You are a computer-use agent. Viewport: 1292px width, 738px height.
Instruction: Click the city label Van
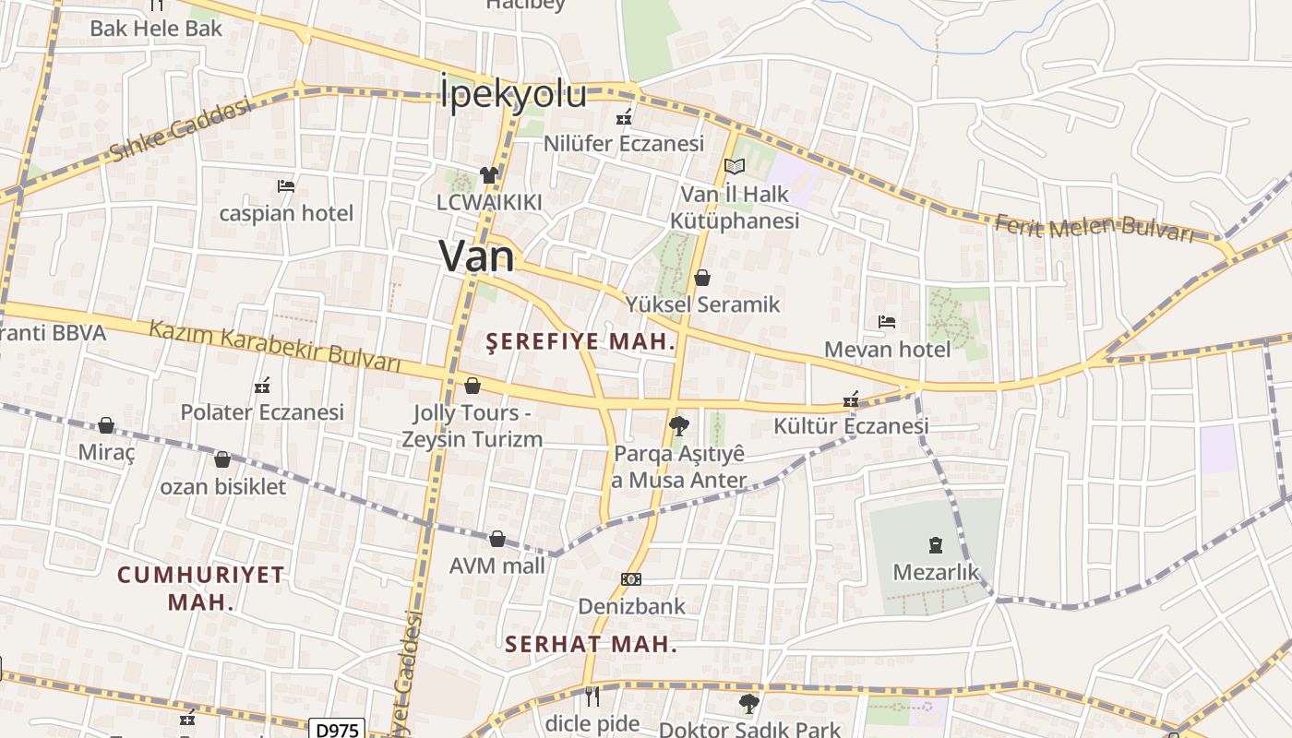476,256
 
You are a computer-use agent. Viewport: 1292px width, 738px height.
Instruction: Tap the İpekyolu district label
513,93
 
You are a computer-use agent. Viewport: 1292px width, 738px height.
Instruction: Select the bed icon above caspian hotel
286,186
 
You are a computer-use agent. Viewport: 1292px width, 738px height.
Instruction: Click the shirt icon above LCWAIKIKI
489,174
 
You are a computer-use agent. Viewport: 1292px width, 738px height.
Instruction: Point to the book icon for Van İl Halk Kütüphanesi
735,167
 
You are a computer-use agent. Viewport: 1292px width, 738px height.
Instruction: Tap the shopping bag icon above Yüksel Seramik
702,277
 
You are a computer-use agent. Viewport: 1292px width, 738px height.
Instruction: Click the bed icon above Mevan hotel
887,322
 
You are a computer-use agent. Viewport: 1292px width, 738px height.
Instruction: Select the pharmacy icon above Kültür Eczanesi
851,399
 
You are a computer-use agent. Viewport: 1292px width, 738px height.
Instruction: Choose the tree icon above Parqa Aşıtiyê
678,425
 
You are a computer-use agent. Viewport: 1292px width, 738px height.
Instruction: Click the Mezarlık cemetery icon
937,545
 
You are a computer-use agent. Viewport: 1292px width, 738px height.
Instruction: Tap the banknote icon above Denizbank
631,579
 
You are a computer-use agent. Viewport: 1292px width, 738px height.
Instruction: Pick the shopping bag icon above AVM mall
497,539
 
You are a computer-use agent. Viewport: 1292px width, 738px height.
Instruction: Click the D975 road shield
337,730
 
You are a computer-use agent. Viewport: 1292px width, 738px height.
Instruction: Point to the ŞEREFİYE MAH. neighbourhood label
581,342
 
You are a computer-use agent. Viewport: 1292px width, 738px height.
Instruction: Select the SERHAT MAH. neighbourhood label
592,644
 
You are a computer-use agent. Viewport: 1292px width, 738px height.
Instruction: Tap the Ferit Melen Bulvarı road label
1095,227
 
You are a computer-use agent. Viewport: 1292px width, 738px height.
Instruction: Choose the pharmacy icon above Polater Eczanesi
262,385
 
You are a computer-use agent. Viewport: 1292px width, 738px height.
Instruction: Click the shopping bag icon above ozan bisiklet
222,459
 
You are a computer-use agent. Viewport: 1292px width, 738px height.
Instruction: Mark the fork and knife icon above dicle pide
592,696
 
